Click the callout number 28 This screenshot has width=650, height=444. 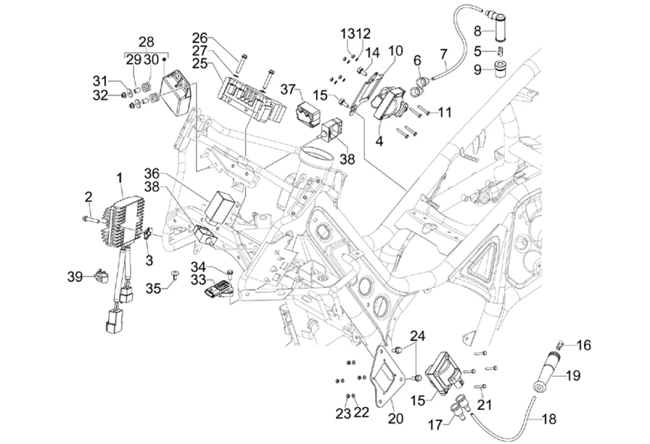(147, 42)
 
